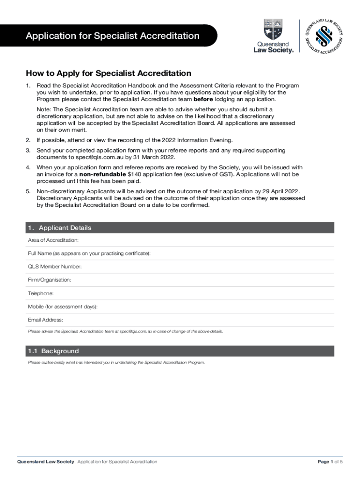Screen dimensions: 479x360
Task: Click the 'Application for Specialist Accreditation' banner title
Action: coord(112,36)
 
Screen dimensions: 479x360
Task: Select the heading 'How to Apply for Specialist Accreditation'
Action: coord(108,73)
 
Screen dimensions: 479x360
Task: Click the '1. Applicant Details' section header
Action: coord(59,228)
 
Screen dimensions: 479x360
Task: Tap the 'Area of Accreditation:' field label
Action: coord(53,240)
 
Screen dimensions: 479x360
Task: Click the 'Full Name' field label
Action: coord(89,253)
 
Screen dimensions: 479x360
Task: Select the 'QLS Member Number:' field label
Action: coord(55,267)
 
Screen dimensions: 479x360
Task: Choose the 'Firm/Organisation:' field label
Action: coord(50,280)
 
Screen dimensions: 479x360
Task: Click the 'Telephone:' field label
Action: coord(41,293)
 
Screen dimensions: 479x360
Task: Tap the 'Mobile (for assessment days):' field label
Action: coord(63,306)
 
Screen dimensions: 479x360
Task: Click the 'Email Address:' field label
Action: coord(45,320)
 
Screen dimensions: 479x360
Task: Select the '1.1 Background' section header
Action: coord(53,351)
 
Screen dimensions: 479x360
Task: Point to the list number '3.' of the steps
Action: coord(28,150)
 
